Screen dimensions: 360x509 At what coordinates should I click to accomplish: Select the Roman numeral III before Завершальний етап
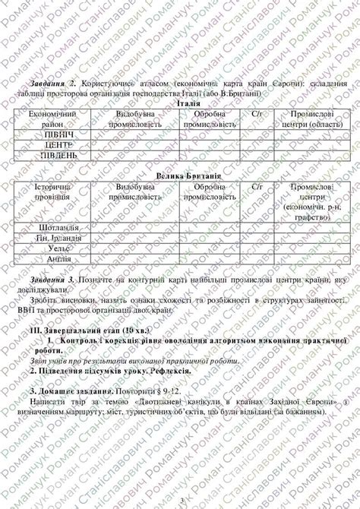34,332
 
